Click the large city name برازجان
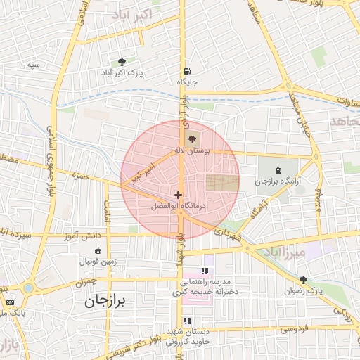105,301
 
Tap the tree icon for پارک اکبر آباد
123,62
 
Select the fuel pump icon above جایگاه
186,70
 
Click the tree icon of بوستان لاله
193,139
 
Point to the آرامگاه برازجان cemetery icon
276,169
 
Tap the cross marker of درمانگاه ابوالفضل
178,195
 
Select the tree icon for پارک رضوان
303,280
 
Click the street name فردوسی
293,328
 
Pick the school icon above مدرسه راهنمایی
205,271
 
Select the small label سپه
32,65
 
